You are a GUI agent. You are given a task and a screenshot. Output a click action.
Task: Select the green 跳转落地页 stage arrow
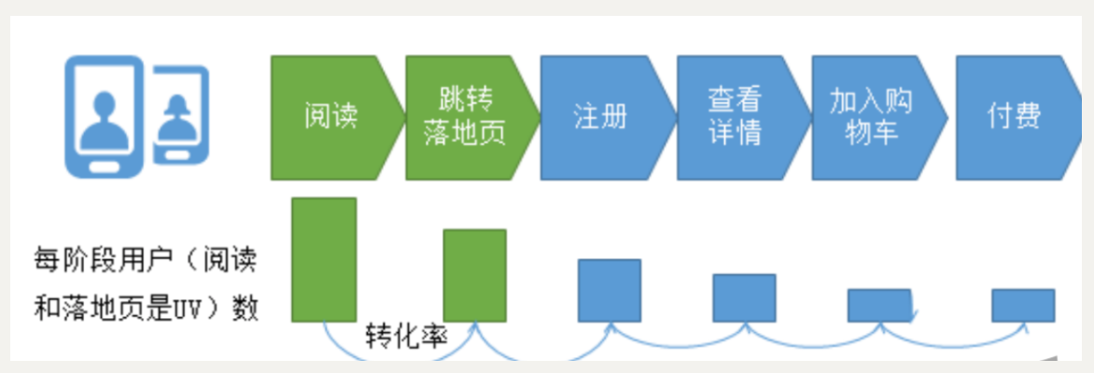pyautogui.click(x=467, y=117)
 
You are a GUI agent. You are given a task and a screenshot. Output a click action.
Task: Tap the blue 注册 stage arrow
pyautogui.click(x=602, y=117)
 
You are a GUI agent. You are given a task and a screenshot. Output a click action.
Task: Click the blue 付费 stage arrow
pyautogui.click(x=1013, y=117)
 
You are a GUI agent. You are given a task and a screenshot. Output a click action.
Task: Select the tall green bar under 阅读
pyautogui.click(x=324, y=259)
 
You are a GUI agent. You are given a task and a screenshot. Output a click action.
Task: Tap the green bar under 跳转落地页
pyautogui.click(x=475, y=275)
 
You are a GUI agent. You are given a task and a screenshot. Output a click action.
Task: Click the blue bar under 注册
pyautogui.click(x=610, y=290)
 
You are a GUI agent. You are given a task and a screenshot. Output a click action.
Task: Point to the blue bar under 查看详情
pyautogui.click(x=744, y=297)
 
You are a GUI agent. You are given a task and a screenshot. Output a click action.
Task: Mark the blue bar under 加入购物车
pyautogui.click(x=878, y=305)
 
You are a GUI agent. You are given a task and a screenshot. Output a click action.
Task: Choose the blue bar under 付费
pyautogui.click(x=1023, y=305)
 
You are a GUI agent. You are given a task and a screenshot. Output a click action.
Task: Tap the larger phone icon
pyautogui.click(x=104, y=116)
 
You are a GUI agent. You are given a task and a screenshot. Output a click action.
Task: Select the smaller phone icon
pyautogui.click(x=180, y=116)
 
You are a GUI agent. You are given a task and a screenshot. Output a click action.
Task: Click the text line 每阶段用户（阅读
pyautogui.click(x=145, y=259)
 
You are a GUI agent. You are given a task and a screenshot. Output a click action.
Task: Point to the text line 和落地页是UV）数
pyautogui.click(x=145, y=309)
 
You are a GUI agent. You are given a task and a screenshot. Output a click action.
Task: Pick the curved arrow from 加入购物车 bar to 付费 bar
pyautogui.click(x=952, y=338)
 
